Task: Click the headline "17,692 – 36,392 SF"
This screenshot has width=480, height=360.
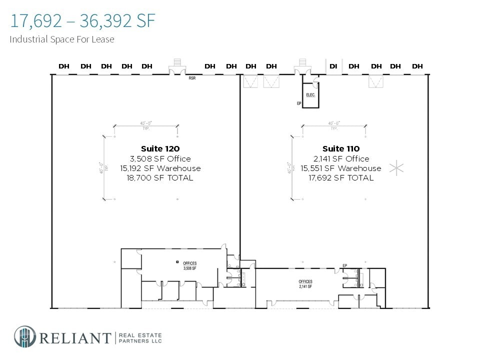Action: point(82,21)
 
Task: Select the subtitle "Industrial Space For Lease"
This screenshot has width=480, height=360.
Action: point(62,39)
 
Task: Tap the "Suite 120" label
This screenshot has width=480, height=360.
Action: point(160,148)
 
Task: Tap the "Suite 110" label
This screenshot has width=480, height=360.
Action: point(341,148)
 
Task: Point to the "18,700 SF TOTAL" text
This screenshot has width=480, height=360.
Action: point(160,178)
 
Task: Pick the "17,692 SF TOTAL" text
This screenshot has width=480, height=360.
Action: point(341,178)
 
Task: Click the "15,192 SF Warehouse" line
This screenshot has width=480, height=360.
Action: point(160,168)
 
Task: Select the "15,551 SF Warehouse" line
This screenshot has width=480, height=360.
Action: point(341,168)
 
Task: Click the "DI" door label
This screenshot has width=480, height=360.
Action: point(333,66)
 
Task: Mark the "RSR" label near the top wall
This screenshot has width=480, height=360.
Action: point(192,78)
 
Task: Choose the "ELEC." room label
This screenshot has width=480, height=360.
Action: point(310,94)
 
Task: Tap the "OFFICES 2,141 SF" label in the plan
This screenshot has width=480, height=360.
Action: point(305,284)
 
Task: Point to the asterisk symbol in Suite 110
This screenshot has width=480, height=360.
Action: point(396,168)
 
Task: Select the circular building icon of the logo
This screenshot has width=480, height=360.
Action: point(24,336)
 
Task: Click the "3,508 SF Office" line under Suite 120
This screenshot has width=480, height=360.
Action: point(160,158)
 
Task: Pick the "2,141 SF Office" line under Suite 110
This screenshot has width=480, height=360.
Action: point(341,158)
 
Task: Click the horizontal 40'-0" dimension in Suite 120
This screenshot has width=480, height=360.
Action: point(145,123)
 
